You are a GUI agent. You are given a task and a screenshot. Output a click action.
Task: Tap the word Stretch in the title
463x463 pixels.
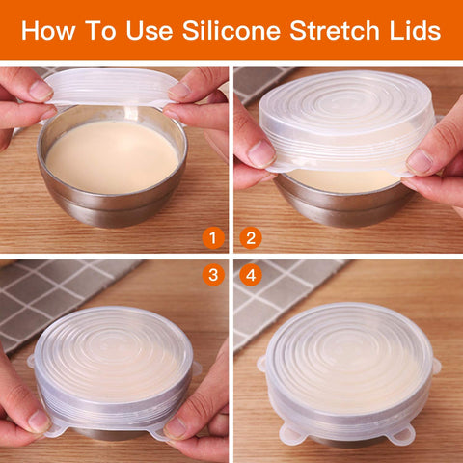[334, 32]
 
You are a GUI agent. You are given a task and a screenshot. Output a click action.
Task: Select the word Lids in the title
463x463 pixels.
[416, 32]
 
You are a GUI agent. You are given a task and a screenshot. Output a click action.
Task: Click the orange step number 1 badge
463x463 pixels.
[214, 237]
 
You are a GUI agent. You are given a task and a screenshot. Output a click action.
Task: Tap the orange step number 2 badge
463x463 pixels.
[252, 237]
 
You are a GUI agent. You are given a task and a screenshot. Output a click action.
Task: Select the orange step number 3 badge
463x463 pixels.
[214, 276]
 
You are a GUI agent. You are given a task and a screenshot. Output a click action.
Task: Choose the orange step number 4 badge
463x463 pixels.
[252, 276]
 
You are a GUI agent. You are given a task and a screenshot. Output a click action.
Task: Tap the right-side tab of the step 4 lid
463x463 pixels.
[435, 366]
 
